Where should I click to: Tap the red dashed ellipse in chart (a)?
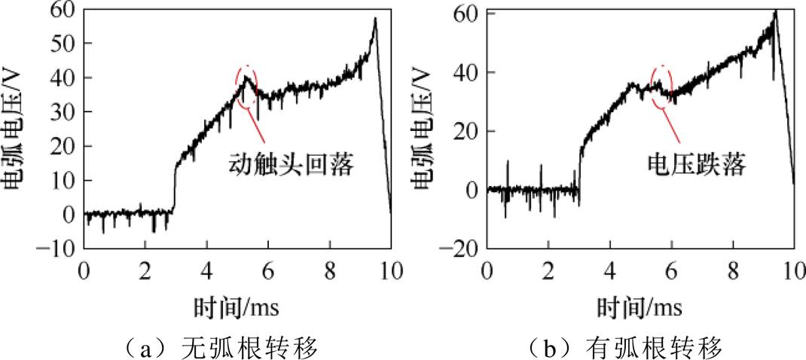(246, 87)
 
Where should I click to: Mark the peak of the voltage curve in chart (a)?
(374, 18)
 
